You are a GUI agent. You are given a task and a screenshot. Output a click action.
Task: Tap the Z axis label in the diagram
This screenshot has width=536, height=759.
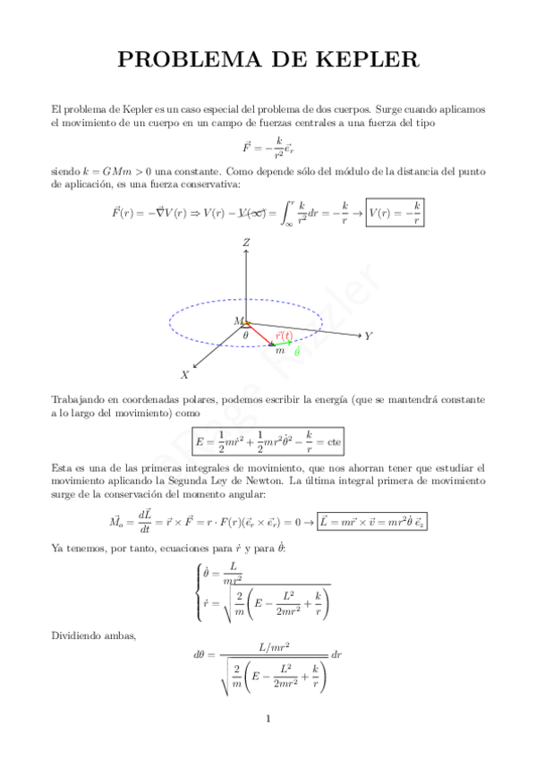(x=245, y=243)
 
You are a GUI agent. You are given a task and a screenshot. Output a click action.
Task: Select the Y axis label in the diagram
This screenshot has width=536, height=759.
(x=368, y=337)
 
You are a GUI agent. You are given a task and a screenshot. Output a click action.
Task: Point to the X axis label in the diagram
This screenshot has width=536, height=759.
(x=184, y=375)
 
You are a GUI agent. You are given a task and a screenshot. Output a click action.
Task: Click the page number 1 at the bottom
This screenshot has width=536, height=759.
(x=268, y=719)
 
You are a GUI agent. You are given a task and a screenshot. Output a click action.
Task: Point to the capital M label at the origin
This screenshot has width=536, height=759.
(x=238, y=320)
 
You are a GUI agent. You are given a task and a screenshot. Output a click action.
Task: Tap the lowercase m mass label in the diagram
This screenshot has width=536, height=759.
(x=280, y=350)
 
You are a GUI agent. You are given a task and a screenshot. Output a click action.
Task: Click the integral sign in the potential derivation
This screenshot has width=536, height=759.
(x=289, y=213)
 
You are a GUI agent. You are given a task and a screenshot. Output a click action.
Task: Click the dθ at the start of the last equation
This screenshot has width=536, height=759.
(x=200, y=655)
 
